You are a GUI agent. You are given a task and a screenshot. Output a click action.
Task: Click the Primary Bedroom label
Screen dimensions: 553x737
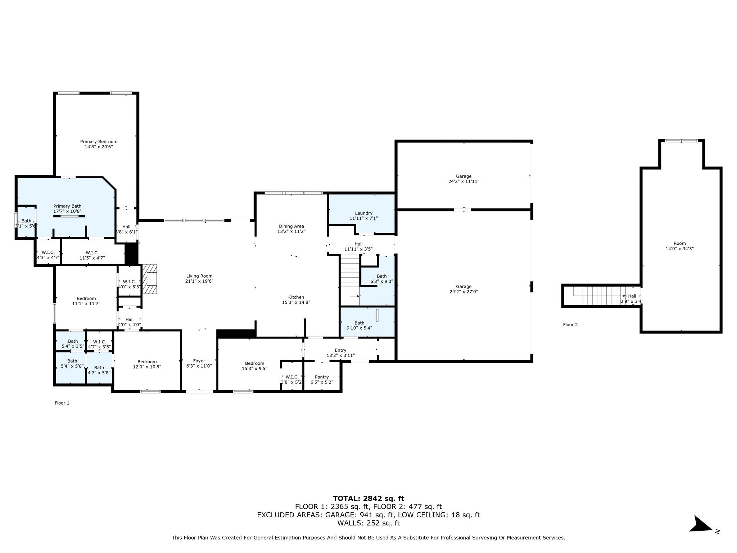(99, 142)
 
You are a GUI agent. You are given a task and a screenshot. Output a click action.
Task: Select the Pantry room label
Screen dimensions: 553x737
(322, 377)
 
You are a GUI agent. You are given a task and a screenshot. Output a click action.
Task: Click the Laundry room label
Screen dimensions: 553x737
(363, 213)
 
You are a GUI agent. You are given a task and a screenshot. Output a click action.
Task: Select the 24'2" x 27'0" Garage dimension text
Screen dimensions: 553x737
(464, 292)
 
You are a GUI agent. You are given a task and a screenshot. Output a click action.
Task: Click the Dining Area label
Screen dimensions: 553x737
(291, 226)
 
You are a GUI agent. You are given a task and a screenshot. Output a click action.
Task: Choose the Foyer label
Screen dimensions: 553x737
(199, 361)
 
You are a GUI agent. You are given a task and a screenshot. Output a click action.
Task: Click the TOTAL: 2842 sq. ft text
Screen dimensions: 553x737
(368, 498)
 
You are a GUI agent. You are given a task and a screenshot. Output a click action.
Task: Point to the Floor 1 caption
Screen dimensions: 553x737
(62, 403)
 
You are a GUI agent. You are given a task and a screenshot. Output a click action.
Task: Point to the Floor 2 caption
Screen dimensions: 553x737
(570, 325)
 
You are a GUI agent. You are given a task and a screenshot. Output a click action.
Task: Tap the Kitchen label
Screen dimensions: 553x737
(296, 297)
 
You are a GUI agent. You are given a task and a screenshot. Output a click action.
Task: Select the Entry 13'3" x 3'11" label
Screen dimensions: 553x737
(340, 353)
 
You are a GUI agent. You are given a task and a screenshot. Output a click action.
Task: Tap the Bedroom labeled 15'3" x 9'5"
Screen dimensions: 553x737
(254, 366)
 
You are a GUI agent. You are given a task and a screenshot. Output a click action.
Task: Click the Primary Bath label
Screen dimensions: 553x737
(67, 206)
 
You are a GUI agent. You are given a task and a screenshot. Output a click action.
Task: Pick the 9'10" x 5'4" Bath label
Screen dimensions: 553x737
(359, 325)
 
